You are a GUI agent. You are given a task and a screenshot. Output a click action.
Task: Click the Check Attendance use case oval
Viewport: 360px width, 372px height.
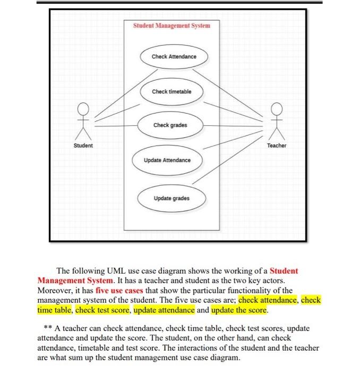(174, 56)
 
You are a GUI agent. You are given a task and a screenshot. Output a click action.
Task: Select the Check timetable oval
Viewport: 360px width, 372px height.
(171, 91)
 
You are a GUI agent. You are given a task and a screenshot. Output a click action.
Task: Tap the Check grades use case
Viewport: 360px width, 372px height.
(170, 125)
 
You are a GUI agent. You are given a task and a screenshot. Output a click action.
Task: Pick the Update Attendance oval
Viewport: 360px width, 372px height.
(166, 160)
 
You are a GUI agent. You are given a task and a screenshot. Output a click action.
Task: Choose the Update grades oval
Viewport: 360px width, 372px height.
(171, 198)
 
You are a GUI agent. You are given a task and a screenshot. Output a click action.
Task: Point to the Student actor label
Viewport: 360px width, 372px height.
(83, 145)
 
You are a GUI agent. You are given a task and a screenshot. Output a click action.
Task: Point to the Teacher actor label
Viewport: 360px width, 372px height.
(276, 145)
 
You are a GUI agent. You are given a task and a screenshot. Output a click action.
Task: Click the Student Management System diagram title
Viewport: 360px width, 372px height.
(171, 26)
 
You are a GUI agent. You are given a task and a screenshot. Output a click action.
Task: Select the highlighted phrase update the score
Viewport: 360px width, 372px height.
(239, 310)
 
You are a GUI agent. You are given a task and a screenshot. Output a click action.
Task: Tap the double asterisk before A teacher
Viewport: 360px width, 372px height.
(47, 328)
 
